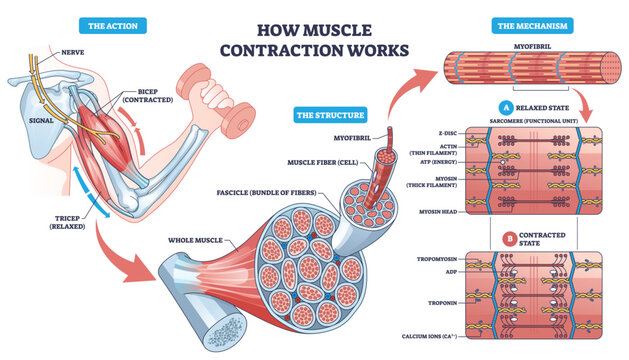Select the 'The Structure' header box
[327, 116]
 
